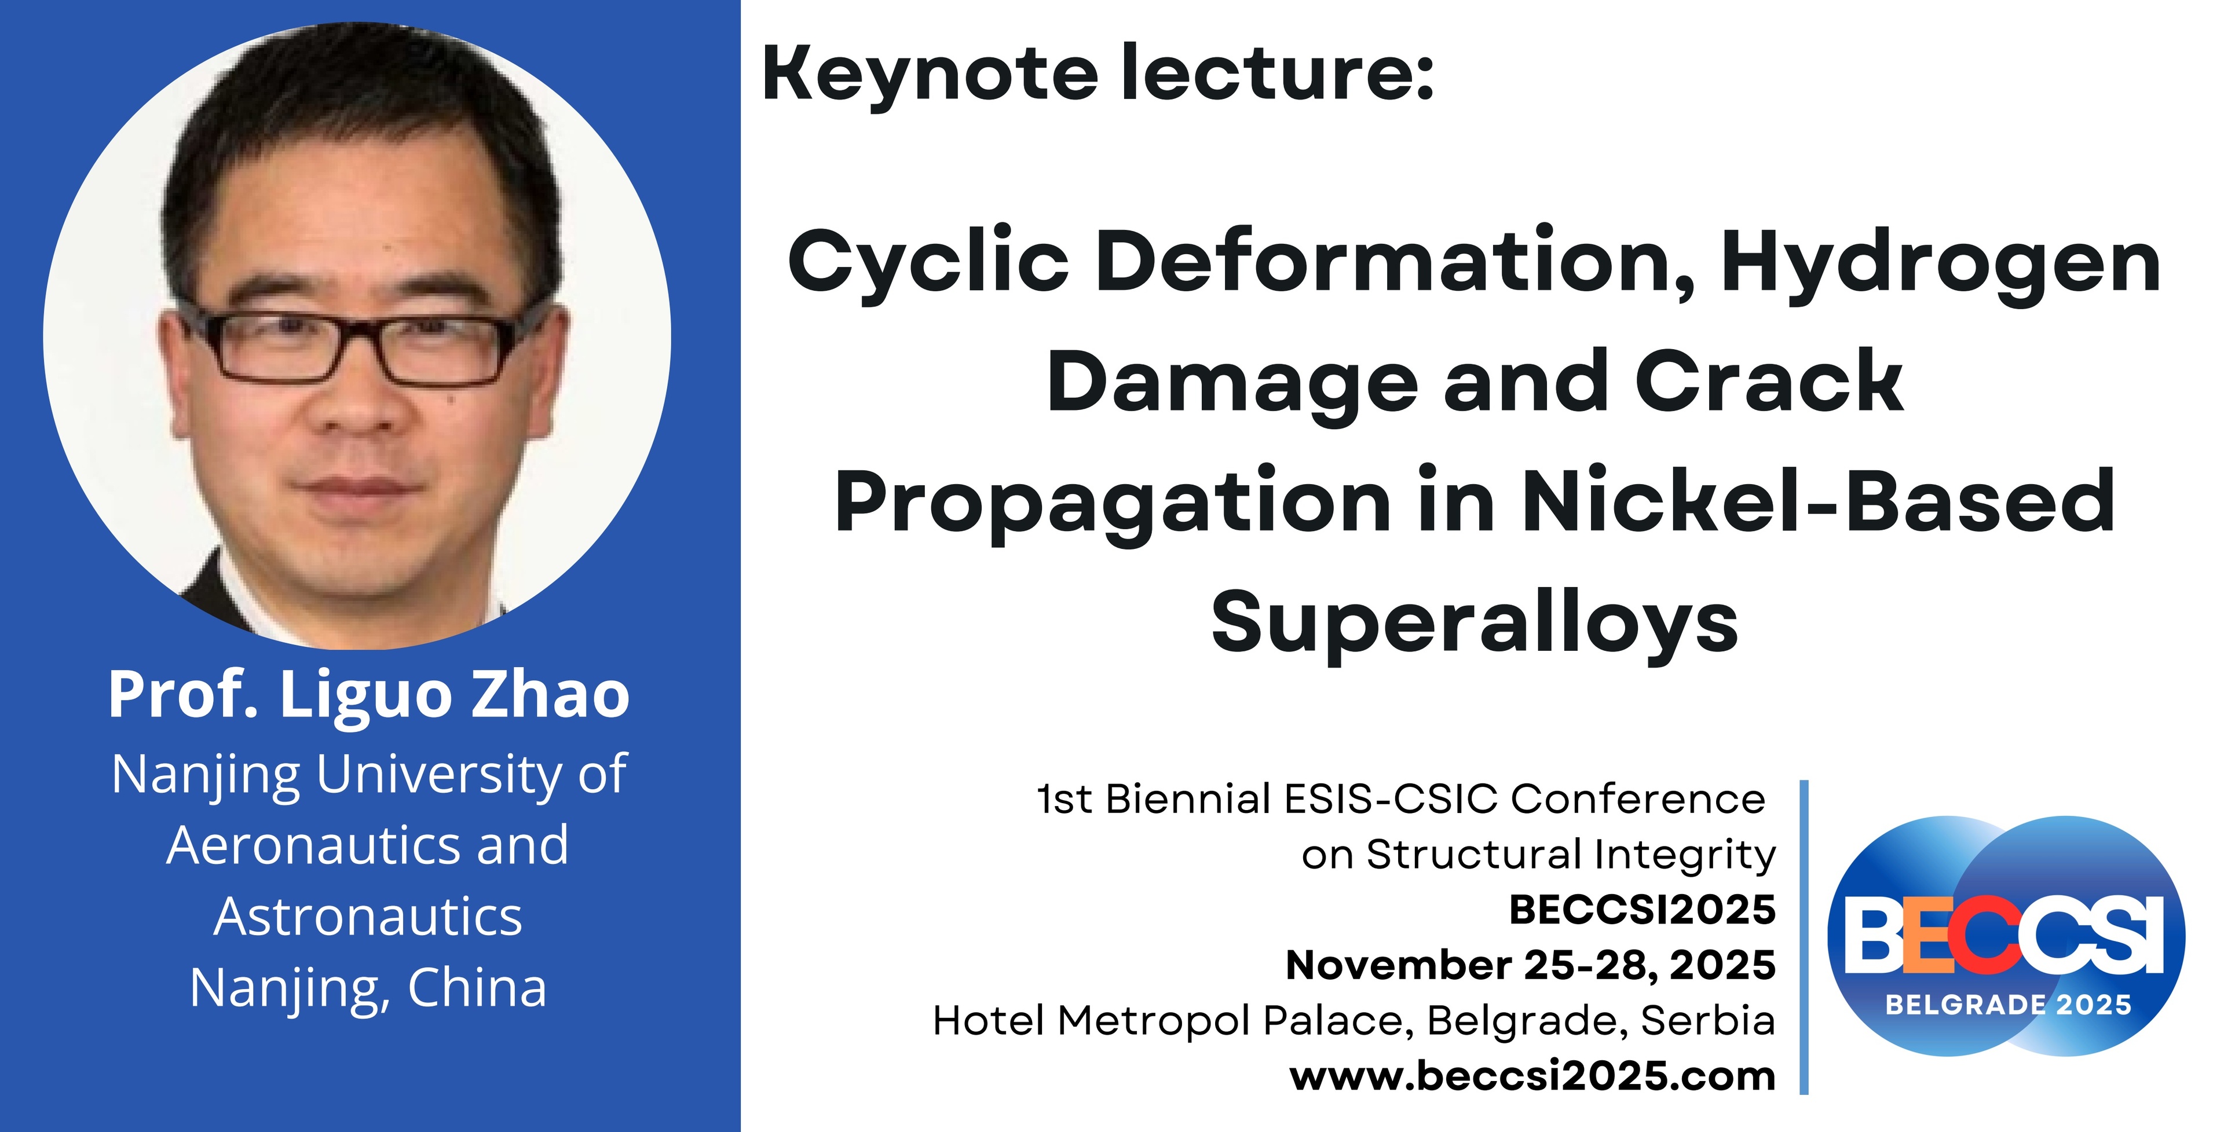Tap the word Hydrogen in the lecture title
coord(1940,264)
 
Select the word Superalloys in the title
coord(1475,624)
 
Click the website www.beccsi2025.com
coord(1532,1076)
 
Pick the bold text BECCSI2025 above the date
coord(1642,909)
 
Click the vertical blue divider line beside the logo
coord(1804,937)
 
